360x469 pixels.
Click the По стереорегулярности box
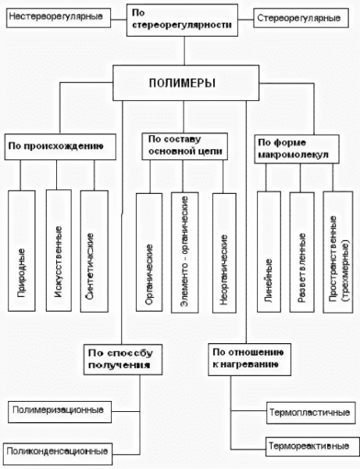click(183, 22)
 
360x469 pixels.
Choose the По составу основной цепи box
click(182, 146)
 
